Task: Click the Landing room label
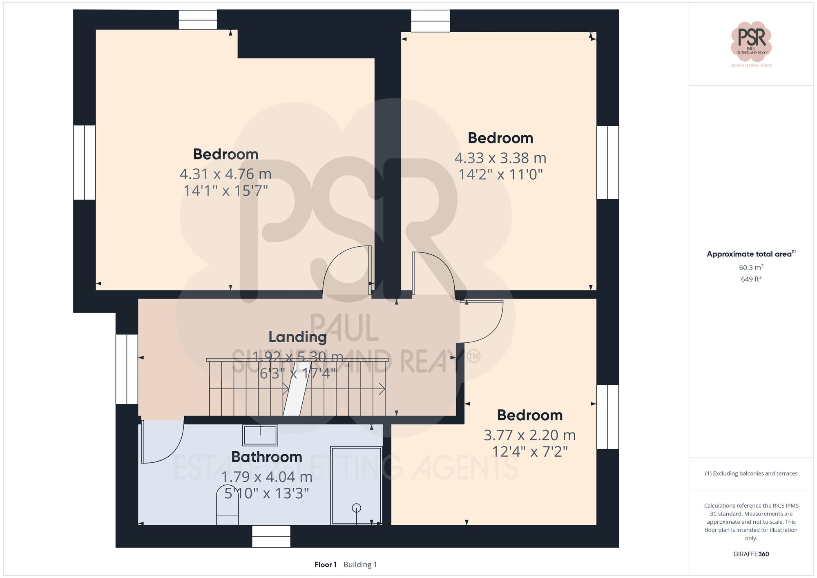point(297,337)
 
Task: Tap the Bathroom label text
point(266,457)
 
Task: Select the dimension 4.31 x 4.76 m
point(225,174)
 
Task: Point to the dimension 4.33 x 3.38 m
point(500,158)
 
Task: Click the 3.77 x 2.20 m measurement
point(529,435)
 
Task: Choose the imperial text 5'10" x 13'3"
point(266,493)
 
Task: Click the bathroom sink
point(260,435)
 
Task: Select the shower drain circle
point(356,508)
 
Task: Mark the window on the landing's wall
point(127,369)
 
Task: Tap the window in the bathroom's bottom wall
point(271,536)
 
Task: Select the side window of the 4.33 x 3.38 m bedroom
point(607,162)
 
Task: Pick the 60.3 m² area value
point(751,268)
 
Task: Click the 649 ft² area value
point(751,279)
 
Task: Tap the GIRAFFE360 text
point(751,554)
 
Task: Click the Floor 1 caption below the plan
point(325,565)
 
